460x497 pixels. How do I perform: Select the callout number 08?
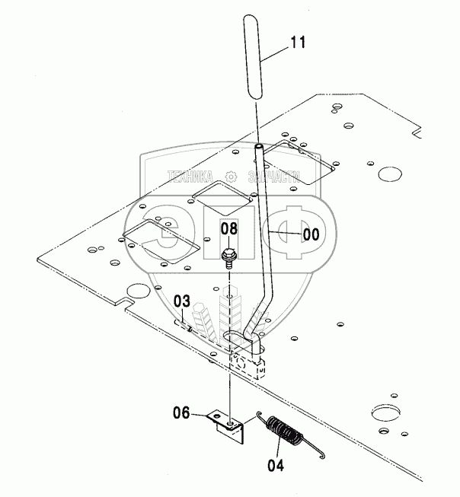point(228,228)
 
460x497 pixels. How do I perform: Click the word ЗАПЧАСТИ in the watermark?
point(274,177)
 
